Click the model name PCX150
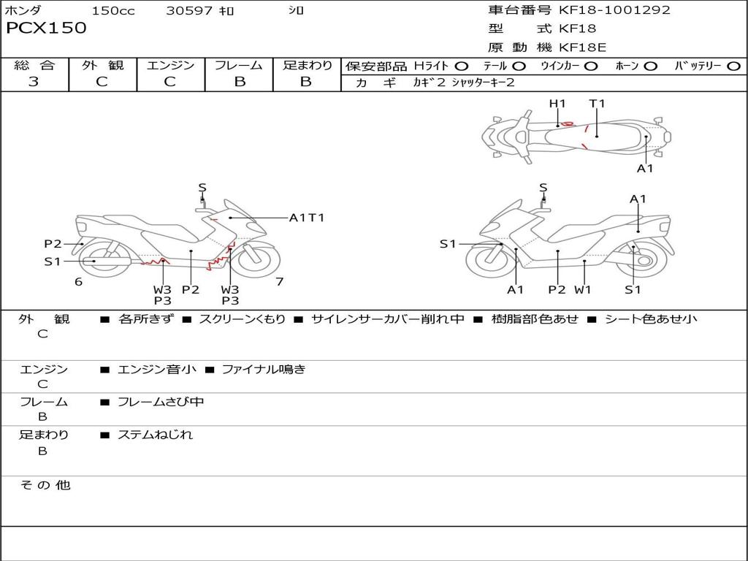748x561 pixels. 46,28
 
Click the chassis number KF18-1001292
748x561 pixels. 614,10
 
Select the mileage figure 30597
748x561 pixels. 188,11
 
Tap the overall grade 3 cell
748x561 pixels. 34,82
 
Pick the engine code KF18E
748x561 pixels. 583,48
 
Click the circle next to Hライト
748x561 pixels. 462,66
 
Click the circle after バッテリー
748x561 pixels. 734,66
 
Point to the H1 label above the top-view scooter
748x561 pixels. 557,104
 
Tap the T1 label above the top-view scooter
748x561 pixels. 598,104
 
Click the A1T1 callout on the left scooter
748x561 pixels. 307,217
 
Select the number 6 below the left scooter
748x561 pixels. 78,281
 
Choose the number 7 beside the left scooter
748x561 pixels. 279,281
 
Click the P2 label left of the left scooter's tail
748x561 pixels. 53,244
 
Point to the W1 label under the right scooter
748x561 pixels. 582,289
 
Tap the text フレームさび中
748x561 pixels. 161,402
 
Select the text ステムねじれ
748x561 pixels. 155,435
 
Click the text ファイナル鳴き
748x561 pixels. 264,370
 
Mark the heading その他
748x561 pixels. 45,485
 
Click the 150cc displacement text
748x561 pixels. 113,11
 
